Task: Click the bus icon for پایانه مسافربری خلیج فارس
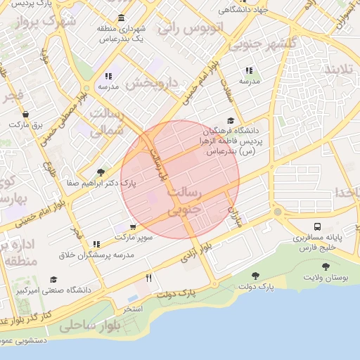pos(319,226)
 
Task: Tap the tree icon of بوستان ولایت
pos(325,266)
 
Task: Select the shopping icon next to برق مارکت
pos(26,113)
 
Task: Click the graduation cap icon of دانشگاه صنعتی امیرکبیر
pos(54,279)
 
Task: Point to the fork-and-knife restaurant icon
pos(148,278)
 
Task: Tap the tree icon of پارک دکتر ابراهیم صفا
pos(101,172)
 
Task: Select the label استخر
pos(133,309)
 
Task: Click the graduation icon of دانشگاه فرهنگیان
pos(231,120)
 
